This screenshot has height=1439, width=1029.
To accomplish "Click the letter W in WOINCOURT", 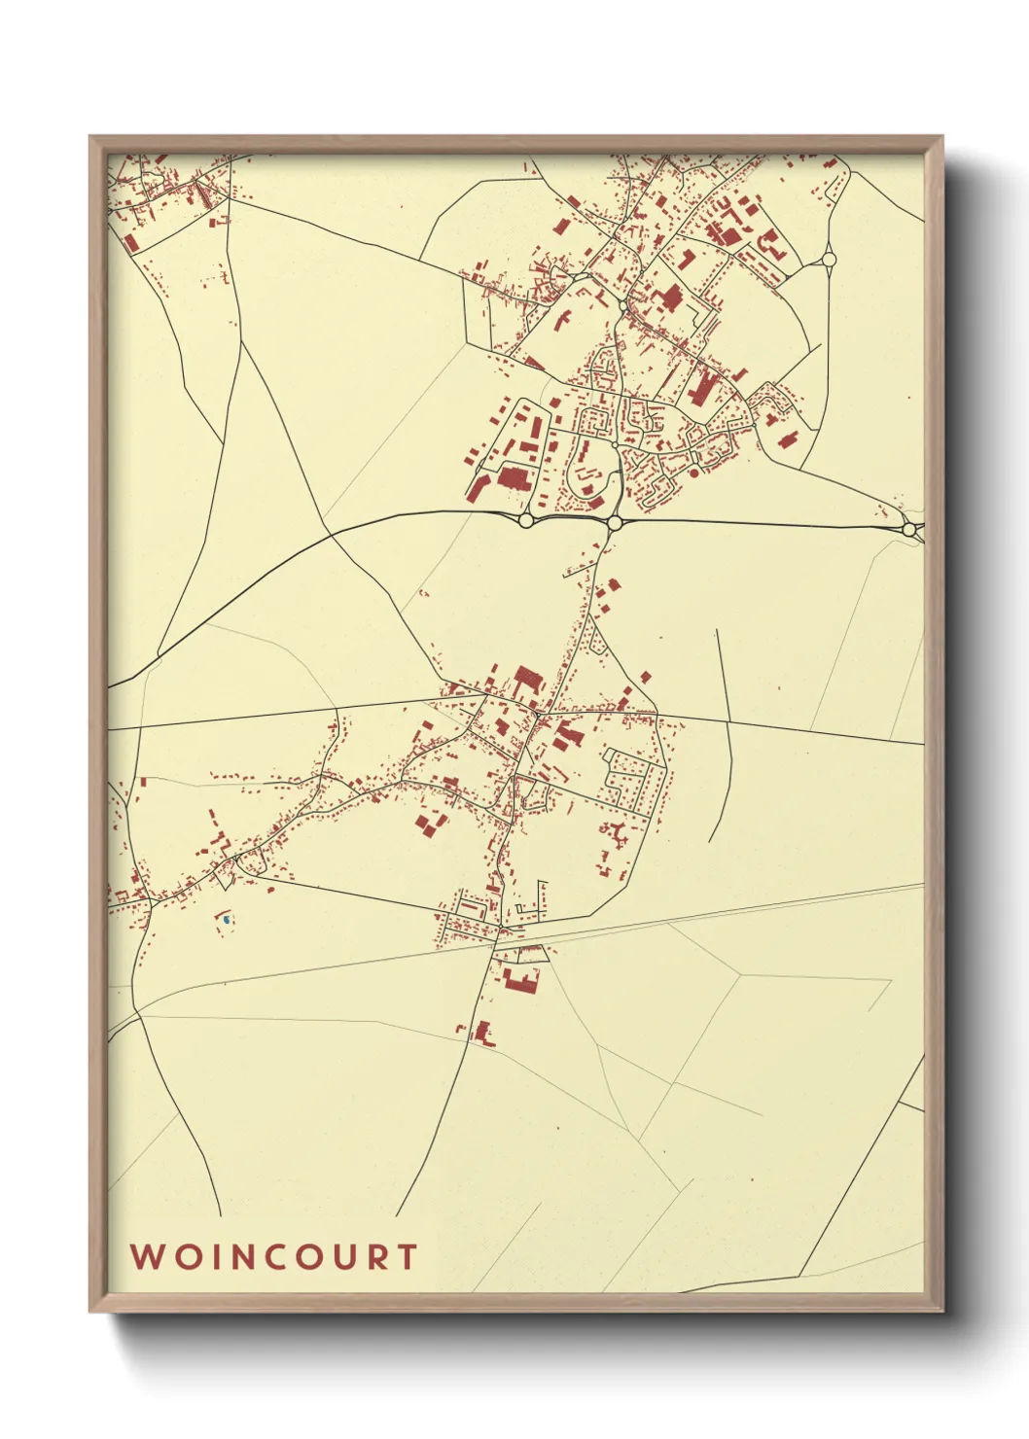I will pos(147,1256).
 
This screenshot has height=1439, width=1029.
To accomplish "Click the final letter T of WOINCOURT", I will pos(407,1256).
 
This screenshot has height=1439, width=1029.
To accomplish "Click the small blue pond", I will pos(226,919).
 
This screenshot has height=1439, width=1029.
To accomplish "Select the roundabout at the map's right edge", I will pos(909,530).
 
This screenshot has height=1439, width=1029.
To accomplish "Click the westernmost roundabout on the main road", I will pos(526,521).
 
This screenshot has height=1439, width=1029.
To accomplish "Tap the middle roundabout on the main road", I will pos(615,523).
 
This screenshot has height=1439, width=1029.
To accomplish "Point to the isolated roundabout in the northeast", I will pos(829,259).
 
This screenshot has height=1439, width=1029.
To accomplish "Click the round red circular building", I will pos(694,474).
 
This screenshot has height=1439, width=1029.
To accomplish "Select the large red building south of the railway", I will pos(522,979).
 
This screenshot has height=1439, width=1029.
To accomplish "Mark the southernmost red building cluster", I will pos(481,1033).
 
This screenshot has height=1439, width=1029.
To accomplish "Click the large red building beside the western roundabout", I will pos(512,478).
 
